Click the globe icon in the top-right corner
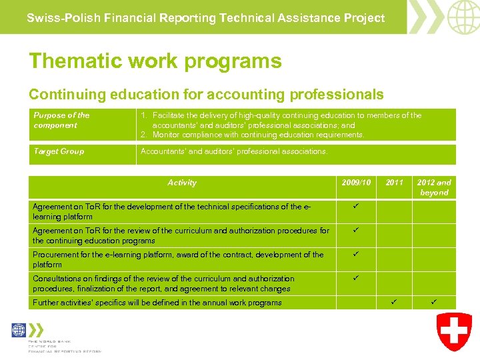tap(462, 17)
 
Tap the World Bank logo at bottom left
tap(19, 330)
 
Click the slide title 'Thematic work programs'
tap(155, 61)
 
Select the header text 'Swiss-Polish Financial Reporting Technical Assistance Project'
tap(205, 18)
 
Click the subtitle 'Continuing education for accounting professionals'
tap(206, 94)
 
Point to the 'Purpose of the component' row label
tap(61, 120)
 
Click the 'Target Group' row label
tap(59, 151)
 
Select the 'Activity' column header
tap(182, 183)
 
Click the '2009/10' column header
tap(356, 183)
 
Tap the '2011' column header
tap(394, 183)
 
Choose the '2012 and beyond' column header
tap(434, 187)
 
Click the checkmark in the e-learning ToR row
tap(356, 206)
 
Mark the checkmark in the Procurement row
tap(356, 254)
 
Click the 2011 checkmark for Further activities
tap(394, 302)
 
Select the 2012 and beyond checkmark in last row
tap(434, 302)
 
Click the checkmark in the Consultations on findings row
tap(356, 278)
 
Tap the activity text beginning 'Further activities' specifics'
tap(157, 303)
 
